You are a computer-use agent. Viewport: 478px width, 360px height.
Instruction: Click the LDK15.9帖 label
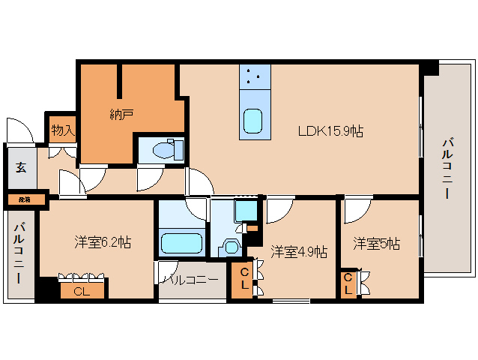pos(330,131)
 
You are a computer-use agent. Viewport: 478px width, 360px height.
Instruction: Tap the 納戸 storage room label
pos(121,114)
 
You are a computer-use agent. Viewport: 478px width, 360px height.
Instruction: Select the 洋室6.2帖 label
pos(103,242)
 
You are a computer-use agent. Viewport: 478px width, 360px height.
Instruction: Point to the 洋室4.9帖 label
pos(299,251)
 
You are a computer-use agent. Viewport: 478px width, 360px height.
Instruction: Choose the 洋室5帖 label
pos(376,244)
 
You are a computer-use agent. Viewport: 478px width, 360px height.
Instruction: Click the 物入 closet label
pos(63,130)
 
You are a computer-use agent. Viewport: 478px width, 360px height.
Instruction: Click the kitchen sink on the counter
pos(253,121)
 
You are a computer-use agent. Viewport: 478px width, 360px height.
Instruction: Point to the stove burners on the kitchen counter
pos(254,76)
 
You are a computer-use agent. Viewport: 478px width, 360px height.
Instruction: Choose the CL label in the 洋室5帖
pos(348,283)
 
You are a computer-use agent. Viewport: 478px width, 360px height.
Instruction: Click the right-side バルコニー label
pos(447,168)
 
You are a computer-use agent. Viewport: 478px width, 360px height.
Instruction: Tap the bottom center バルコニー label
pos(191,279)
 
